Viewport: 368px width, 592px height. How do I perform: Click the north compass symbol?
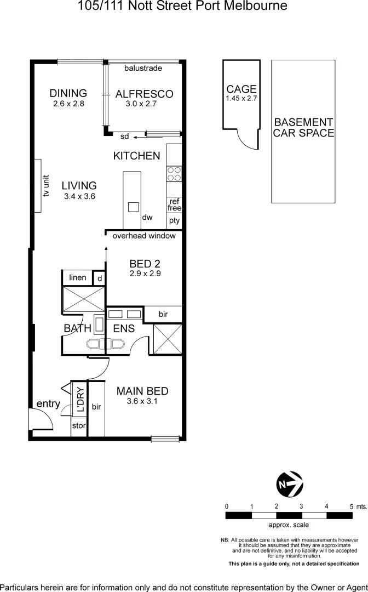click(290, 484)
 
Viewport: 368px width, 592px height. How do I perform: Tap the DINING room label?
click(68, 93)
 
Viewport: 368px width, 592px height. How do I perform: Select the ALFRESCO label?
click(144, 94)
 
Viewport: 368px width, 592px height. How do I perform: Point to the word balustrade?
click(143, 69)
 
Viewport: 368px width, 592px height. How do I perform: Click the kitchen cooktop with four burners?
click(174, 174)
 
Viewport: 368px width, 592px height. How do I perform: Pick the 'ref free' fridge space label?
click(174, 205)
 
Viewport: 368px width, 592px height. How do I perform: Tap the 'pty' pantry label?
click(174, 221)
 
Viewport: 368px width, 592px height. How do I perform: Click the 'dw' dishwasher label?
click(147, 218)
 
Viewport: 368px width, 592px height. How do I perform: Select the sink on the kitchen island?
click(133, 207)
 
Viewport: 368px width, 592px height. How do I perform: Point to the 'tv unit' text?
click(47, 186)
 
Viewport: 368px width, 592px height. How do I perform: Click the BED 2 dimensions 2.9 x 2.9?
click(145, 274)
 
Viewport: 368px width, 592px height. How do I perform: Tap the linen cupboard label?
click(78, 278)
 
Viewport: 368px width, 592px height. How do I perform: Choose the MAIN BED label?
click(142, 391)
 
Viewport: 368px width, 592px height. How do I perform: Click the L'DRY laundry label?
click(80, 400)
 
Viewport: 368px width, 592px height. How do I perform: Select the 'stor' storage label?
click(79, 426)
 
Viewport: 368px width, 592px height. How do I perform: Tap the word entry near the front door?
click(48, 404)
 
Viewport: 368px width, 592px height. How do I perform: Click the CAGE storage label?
click(242, 89)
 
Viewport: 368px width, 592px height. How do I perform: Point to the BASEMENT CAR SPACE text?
click(303, 128)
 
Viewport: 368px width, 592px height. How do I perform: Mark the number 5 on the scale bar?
click(352, 506)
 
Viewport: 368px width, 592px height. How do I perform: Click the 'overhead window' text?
click(144, 236)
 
